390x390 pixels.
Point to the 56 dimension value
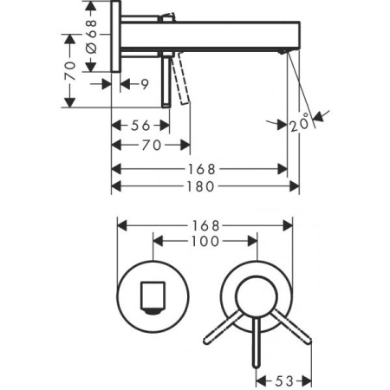click(139, 125)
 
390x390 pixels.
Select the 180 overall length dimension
click(205, 186)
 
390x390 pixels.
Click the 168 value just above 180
click(205, 167)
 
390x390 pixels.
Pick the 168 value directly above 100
click(205, 224)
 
